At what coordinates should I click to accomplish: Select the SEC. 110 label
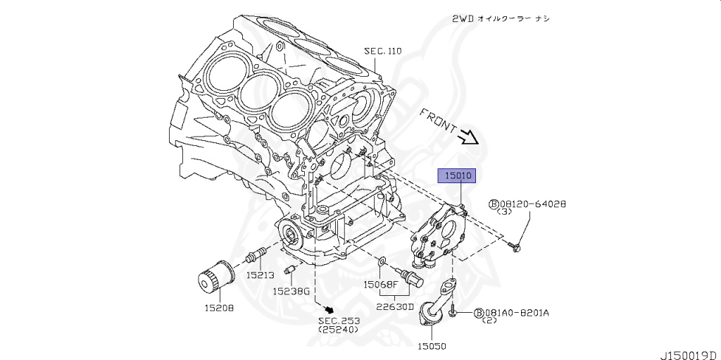382,51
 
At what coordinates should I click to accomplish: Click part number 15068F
381,285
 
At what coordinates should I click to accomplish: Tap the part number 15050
432,346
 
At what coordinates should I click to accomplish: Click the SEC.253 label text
339,321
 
